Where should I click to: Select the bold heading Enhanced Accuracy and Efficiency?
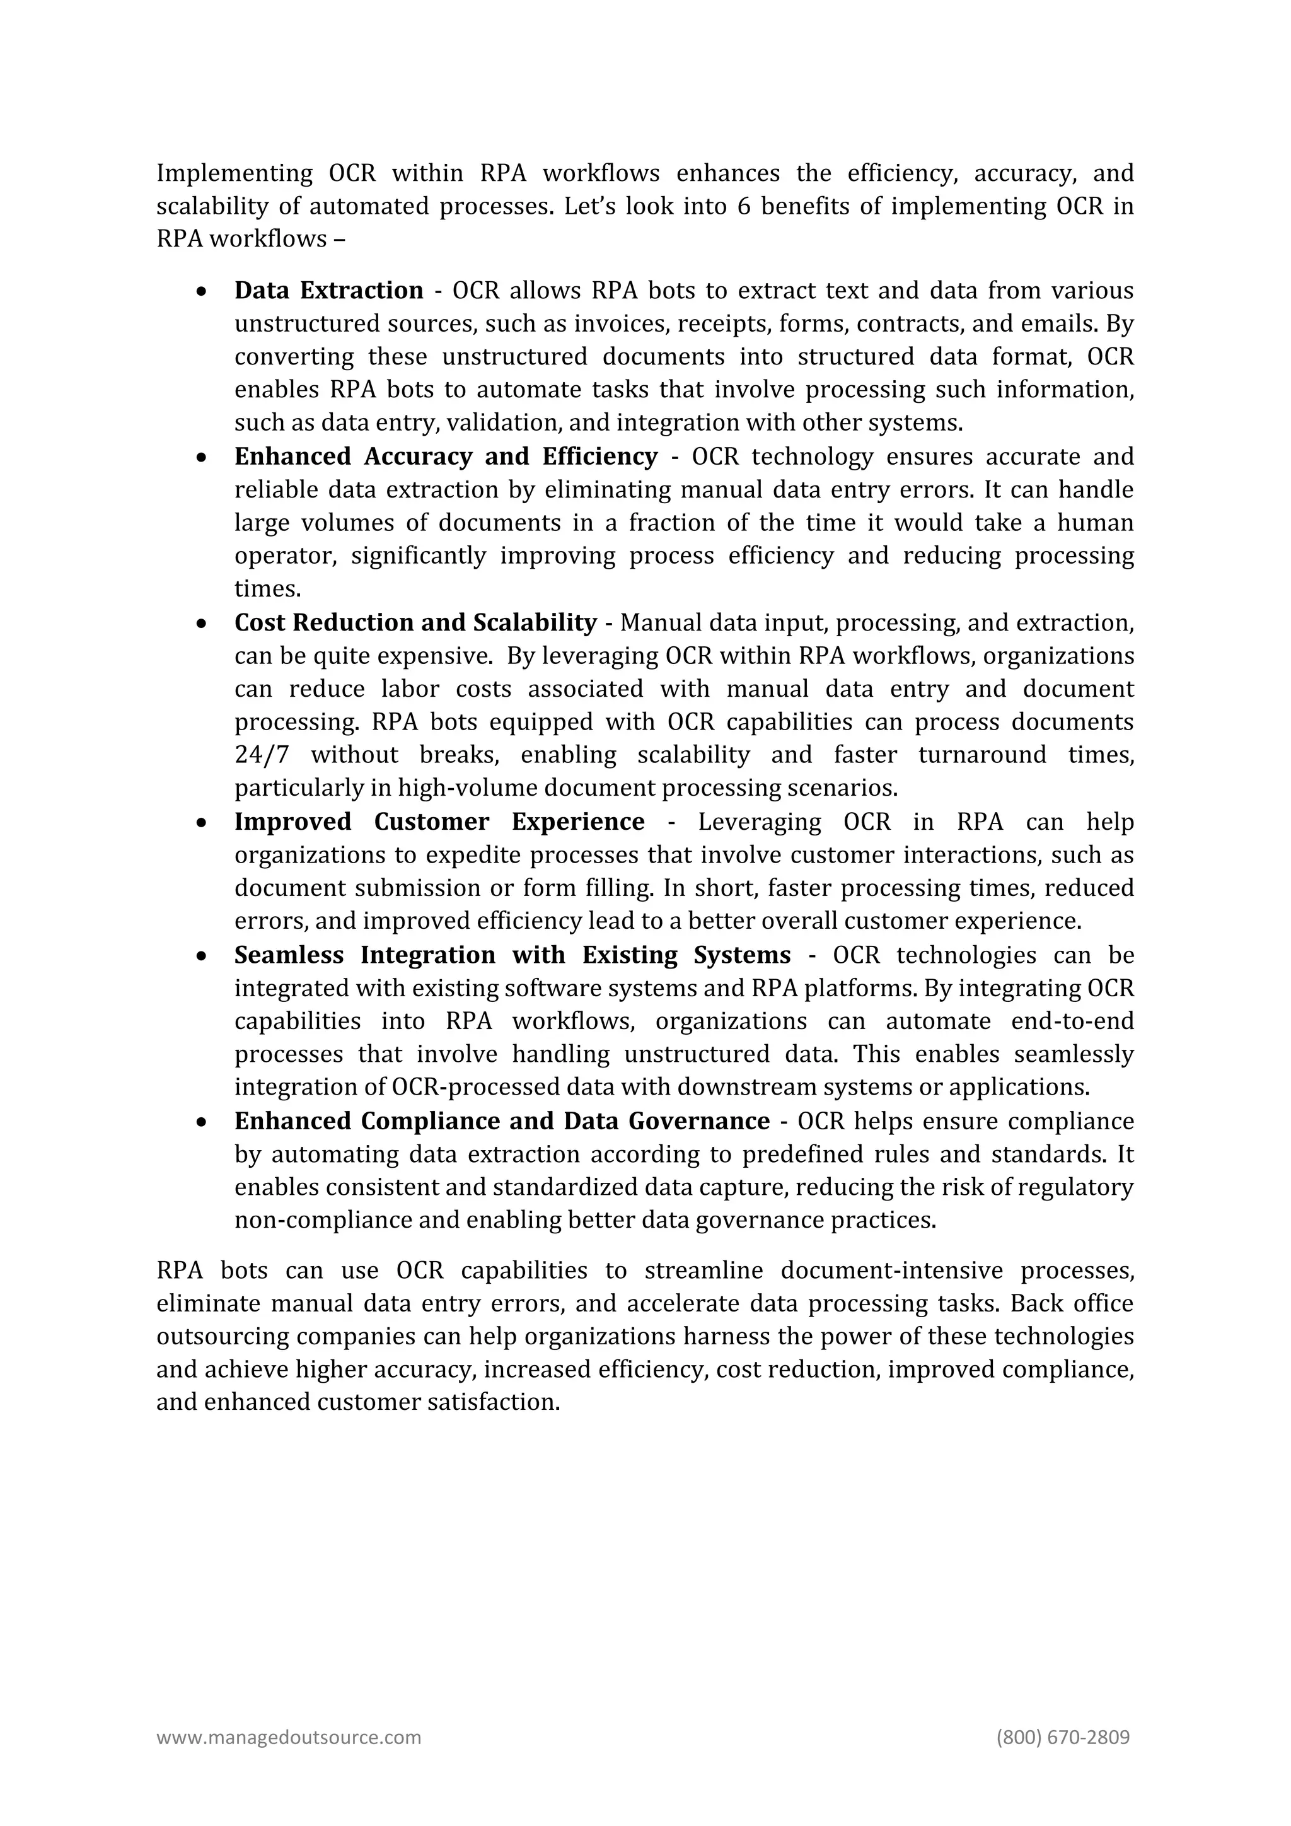click(x=445, y=456)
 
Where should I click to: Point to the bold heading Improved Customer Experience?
click(x=439, y=822)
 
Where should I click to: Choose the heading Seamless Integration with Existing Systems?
click(x=512, y=955)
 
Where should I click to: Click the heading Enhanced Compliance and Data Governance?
click(x=502, y=1120)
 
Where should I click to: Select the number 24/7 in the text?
click(x=262, y=755)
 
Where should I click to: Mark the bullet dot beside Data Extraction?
click(x=203, y=292)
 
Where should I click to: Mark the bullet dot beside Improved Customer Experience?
click(x=203, y=823)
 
